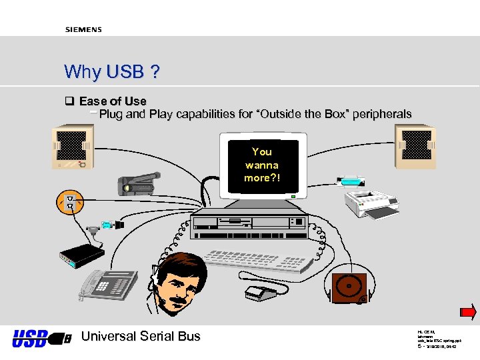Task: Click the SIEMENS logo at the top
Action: coord(83,30)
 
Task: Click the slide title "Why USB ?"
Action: coord(111,71)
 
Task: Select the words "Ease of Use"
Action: coord(113,101)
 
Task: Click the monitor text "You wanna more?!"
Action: coord(262,165)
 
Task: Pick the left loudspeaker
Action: coord(72,147)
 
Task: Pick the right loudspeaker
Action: coord(415,147)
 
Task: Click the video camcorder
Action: coord(137,182)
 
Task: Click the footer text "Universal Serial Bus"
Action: coord(140,337)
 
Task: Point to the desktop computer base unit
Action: coord(250,227)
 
